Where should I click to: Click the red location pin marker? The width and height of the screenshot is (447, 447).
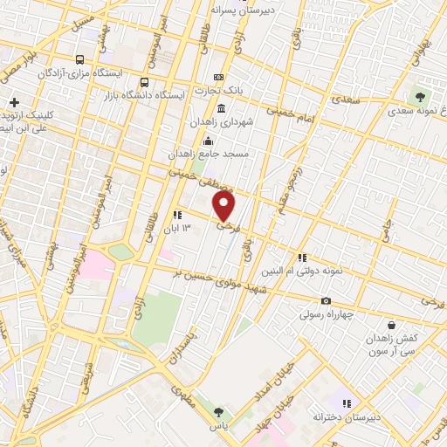click(x=225, y=206)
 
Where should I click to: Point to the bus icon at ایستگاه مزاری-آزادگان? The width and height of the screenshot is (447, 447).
click(x=80, y=60)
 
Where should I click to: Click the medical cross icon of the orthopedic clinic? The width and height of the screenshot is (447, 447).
click(x=15, y=102)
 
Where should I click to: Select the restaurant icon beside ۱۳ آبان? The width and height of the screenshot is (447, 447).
click(x=176, y=215)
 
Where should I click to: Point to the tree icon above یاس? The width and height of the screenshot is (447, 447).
click(x=218, y=412)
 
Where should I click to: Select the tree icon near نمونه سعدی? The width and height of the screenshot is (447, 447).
click(x=422, y=96)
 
